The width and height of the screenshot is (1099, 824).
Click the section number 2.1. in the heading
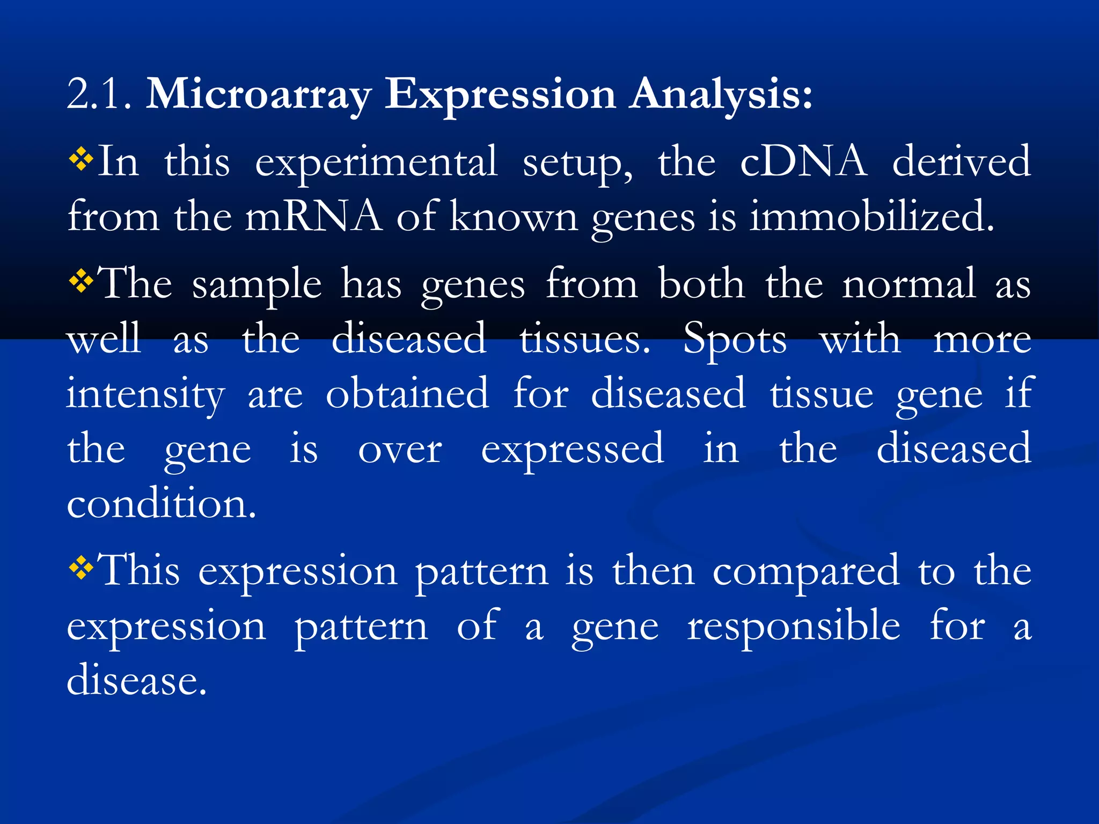point(99,94)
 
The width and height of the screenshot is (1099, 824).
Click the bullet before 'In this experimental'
point(81,160)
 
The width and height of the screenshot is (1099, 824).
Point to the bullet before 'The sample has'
point(81,282)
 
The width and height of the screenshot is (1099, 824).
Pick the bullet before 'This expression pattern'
point(81,568)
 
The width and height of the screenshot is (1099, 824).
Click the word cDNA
point(803,161)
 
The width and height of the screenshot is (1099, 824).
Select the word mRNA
point(313,216)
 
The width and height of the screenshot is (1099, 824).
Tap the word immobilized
point(871,216)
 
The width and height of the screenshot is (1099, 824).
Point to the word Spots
point(735,340)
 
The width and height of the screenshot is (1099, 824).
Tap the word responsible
point(794,627)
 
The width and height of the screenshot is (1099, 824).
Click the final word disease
point(136,680)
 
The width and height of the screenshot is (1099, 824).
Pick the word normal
point(908,284)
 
